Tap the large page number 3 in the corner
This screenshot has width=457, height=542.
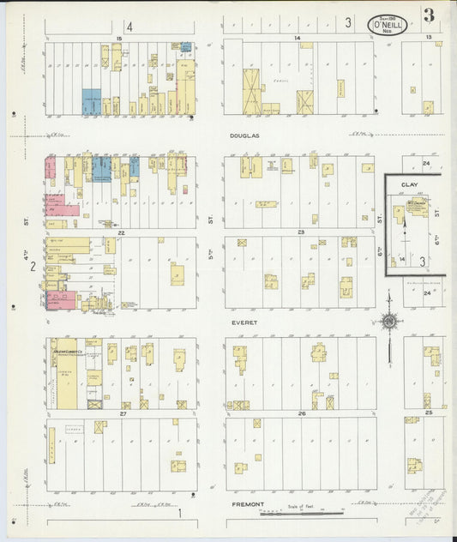click(428, 15)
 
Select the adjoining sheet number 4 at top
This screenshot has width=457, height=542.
click(129, 26)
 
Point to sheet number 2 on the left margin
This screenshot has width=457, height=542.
click(33, 267)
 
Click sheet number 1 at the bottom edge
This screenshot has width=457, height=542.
click(180, 514)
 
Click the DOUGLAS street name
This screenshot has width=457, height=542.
click(244, 135)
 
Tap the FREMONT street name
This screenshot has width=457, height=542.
click(249, 504)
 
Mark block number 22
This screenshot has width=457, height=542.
click(122, 232)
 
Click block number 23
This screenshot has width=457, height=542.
click(301, 232)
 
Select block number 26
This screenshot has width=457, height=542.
click(301, 414)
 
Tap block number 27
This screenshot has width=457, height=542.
click(123, 414)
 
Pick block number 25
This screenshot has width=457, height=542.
click(428, 414)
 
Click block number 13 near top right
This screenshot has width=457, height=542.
click(428, 39)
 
